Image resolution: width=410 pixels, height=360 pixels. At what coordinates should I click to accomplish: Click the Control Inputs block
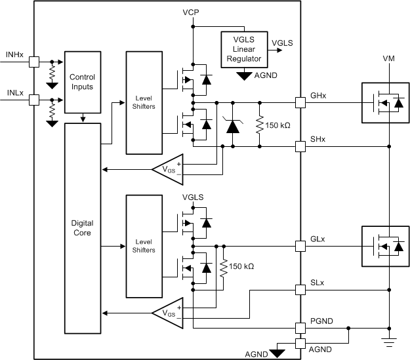82,82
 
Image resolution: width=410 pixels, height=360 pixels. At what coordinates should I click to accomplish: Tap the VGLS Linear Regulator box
243,49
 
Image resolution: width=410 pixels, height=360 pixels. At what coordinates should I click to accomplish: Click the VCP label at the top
192,13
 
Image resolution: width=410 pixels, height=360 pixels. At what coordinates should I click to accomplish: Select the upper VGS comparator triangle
168,170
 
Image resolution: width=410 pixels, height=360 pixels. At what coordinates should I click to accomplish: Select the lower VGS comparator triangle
168,313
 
